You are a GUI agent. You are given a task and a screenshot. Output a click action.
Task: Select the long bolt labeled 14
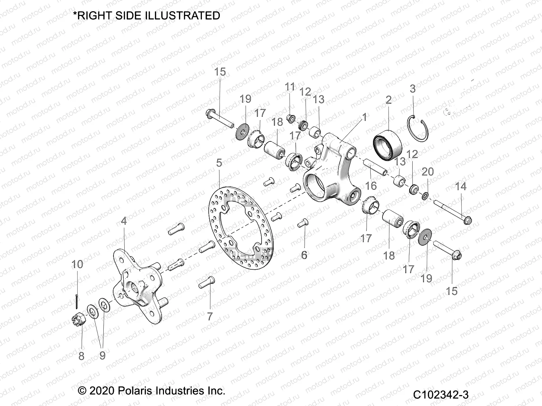452,212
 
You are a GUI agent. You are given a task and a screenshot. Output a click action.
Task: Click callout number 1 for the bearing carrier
364,117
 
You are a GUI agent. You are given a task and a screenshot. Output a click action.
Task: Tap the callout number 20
428,172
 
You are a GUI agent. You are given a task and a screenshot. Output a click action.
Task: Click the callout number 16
371,185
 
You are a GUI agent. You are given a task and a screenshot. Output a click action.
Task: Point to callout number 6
304,255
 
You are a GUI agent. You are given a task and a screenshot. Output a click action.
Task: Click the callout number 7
210,316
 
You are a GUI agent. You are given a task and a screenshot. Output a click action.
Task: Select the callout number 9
102,356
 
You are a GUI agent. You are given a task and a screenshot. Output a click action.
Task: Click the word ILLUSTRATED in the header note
182,16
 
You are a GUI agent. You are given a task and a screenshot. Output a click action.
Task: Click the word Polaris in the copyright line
135,391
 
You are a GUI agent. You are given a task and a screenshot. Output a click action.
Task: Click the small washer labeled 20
425,195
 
